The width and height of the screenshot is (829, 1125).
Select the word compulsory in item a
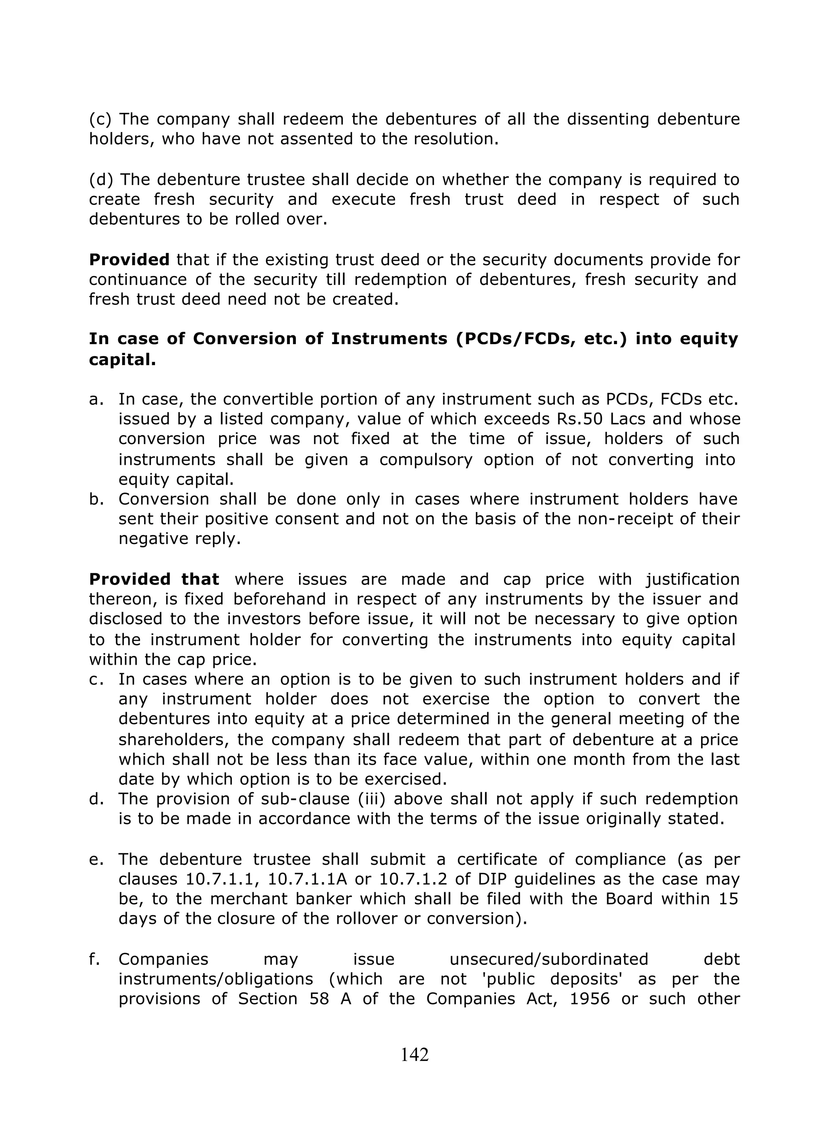[x=425, y=459]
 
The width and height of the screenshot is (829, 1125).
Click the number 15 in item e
[x=728, y=899]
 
